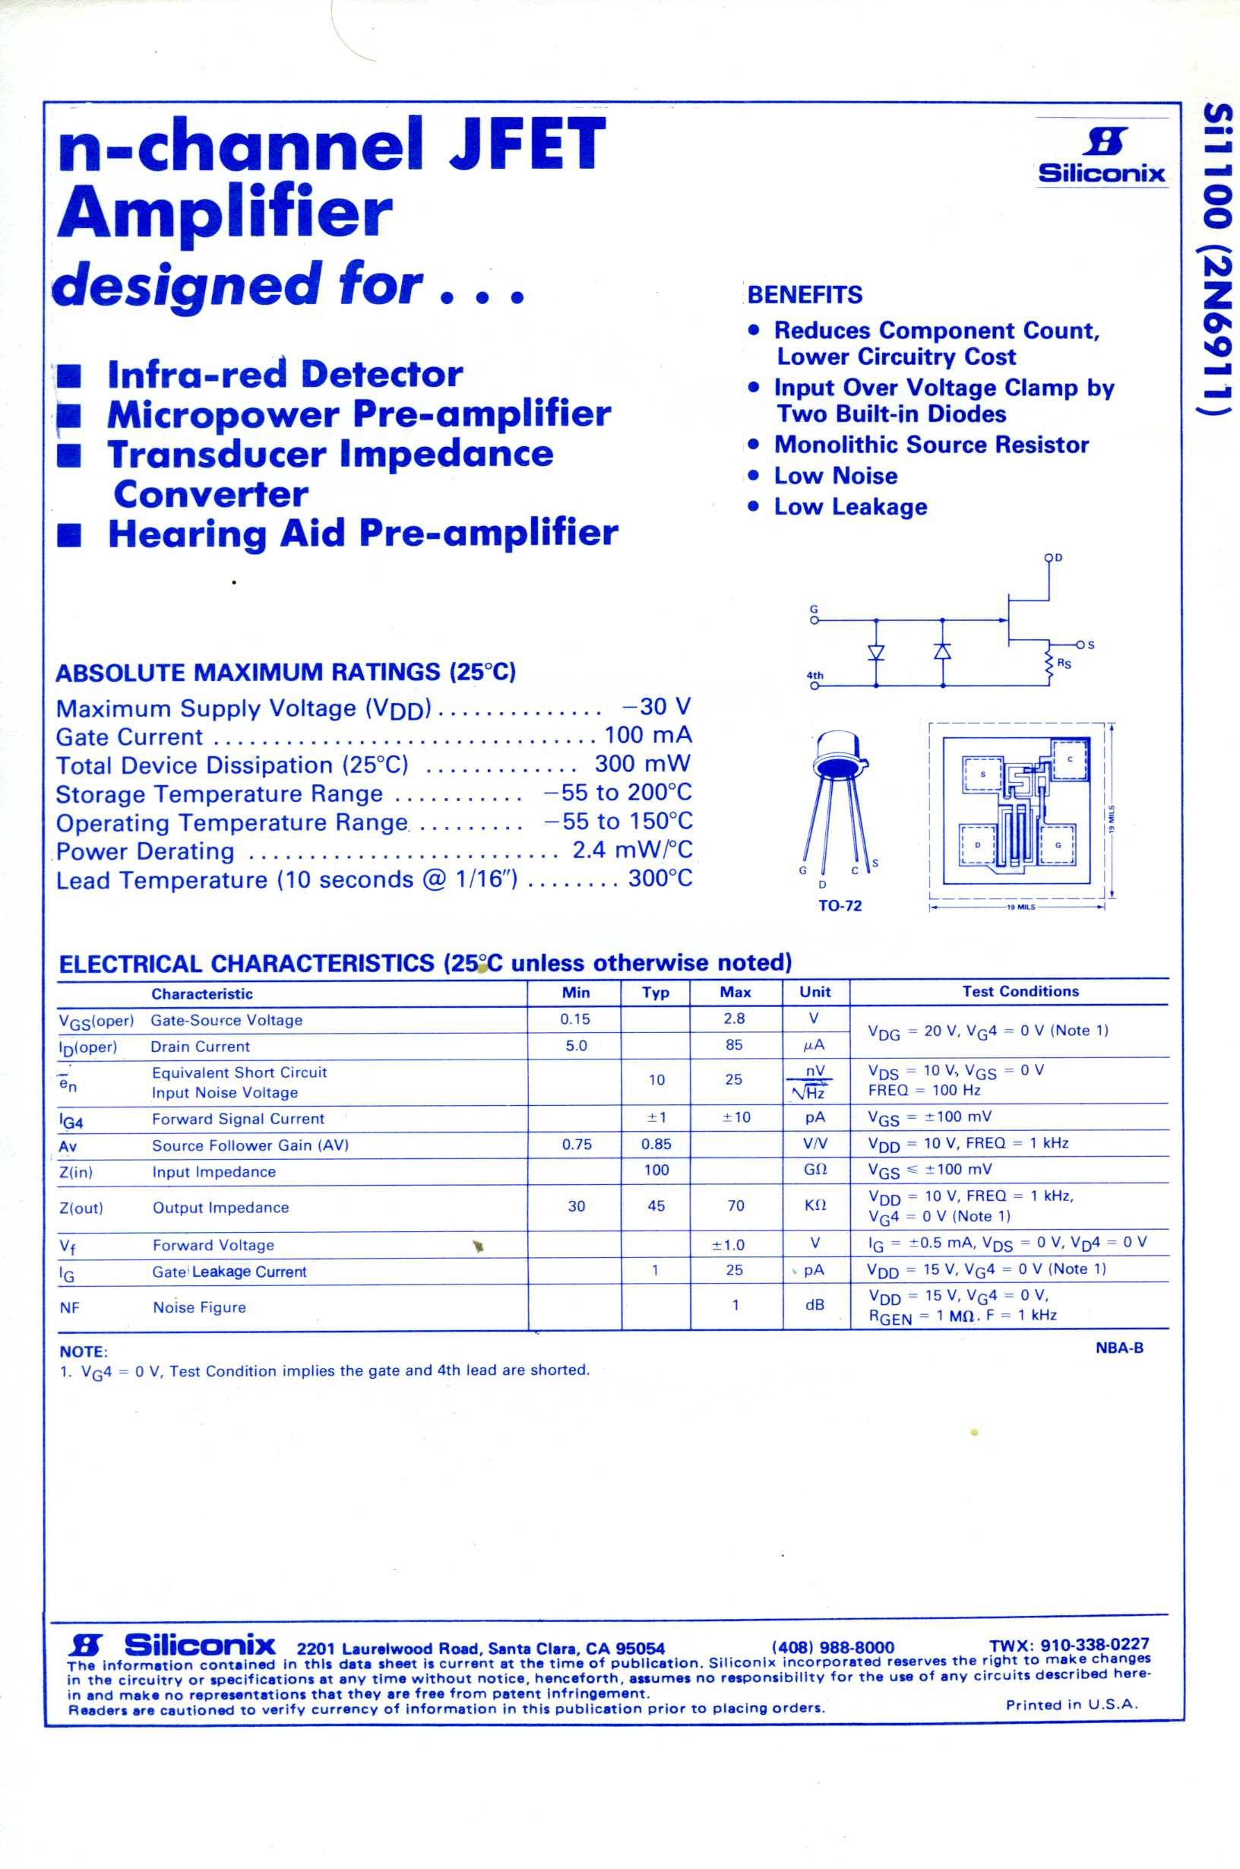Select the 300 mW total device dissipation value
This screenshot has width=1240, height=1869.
pos(642,764)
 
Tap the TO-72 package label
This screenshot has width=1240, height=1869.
pos(840,906)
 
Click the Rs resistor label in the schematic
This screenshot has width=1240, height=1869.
pos(1064,663)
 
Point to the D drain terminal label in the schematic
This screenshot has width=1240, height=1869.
pos(1059,558)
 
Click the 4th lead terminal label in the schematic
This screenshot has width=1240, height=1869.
pos(815,676)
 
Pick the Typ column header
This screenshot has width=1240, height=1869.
pos(656,993)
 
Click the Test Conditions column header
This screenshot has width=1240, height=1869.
pos(1020,992)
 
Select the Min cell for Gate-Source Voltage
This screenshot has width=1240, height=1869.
pos(576,1019)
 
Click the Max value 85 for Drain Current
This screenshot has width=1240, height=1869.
pos(734,1045)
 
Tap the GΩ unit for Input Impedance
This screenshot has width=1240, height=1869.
pos(815,1170)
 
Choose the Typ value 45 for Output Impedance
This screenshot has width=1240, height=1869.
pos(656,1206)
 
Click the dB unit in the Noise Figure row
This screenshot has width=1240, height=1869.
pos(815,1304)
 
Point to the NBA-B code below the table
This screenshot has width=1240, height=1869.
pos(1119,1348)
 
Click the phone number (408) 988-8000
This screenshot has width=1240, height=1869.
pos(833,1648)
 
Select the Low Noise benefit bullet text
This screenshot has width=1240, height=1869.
pos(835,476)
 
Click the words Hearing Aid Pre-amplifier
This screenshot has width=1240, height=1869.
pos(362,533)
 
